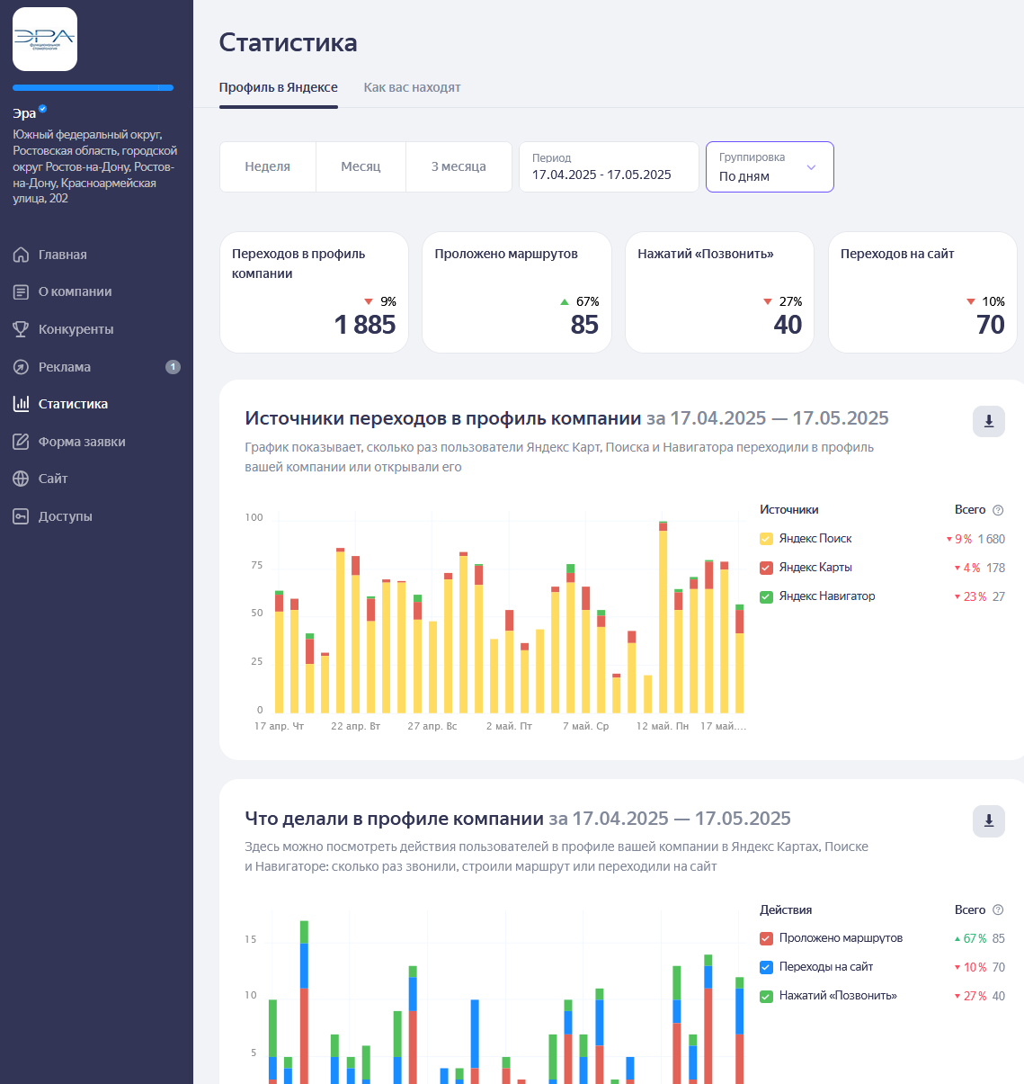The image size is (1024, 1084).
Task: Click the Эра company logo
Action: tap(45, 40)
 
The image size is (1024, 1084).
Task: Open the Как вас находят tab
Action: tap(412, 87)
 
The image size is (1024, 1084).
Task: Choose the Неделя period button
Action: tap(267, 166)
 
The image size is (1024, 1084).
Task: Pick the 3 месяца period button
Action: tap(459, 166)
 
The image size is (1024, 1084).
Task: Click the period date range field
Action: tap(609, 166)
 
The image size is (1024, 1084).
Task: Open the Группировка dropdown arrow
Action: tap(811, 167)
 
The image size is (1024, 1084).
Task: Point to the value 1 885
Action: tap(365, 324)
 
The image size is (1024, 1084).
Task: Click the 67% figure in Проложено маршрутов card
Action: tap(587, 301)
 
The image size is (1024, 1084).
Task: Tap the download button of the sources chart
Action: tap(989, 421)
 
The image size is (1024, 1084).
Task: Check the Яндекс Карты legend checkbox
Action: tap(766, 568)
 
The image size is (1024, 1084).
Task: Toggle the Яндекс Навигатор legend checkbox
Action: tap(766, 596)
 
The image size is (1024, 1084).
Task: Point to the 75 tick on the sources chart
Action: tap(256, 565)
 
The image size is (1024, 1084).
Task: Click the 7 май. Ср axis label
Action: tap(585, 726)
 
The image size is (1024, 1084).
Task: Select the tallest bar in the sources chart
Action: tap(663, 617)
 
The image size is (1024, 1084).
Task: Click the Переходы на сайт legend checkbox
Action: tap(766, 967)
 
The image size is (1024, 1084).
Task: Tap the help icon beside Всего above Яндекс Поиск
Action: tap(998, 510)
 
